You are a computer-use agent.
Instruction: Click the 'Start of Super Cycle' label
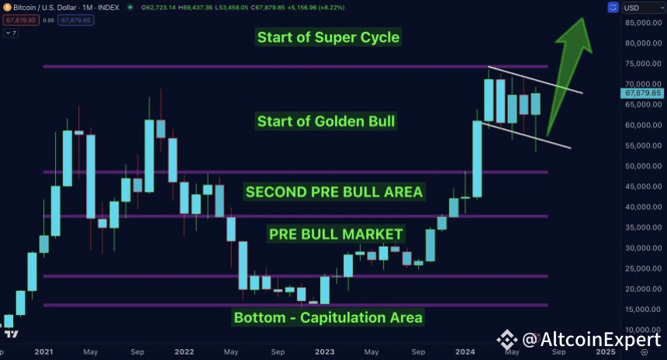point(328,37)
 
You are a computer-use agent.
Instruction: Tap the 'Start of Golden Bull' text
point(327,121)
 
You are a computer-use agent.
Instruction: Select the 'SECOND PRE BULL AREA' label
point(334,192)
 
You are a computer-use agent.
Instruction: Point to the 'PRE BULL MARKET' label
point(336,234)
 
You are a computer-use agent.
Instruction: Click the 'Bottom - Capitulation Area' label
point(328,317)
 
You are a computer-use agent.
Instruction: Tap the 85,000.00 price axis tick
point(644,22)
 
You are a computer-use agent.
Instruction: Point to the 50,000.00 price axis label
point(644,166)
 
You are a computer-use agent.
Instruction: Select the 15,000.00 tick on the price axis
point(644,310)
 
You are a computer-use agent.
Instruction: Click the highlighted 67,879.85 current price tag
point(642,93)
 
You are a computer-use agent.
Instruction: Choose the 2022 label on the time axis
point(184,352)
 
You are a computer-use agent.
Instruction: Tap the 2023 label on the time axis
point(324,352)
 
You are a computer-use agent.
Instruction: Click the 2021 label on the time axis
point(43,352)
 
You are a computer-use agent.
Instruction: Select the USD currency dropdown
point(643,8)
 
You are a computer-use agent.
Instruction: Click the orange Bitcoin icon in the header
point(7,7)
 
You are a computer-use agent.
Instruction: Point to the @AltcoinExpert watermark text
point(592,340)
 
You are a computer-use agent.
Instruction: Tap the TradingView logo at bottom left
point(11,334)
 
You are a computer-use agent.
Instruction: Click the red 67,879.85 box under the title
point(21,20)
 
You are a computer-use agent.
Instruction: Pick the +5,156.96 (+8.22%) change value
point(316,8)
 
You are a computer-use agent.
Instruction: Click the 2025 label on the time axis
point(606,352)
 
